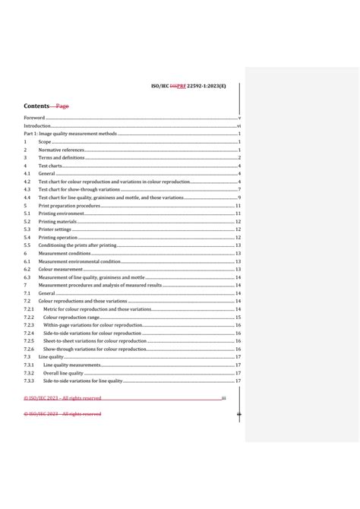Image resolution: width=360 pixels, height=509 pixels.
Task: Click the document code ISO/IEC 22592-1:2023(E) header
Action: pos(194,87)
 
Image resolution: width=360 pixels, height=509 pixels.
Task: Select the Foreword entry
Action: pos(34,119)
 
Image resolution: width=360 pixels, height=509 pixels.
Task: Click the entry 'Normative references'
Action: pos(62,150)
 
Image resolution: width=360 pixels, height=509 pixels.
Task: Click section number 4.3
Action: pos(27,189)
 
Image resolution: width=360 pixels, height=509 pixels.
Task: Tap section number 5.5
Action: pos(27,245)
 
